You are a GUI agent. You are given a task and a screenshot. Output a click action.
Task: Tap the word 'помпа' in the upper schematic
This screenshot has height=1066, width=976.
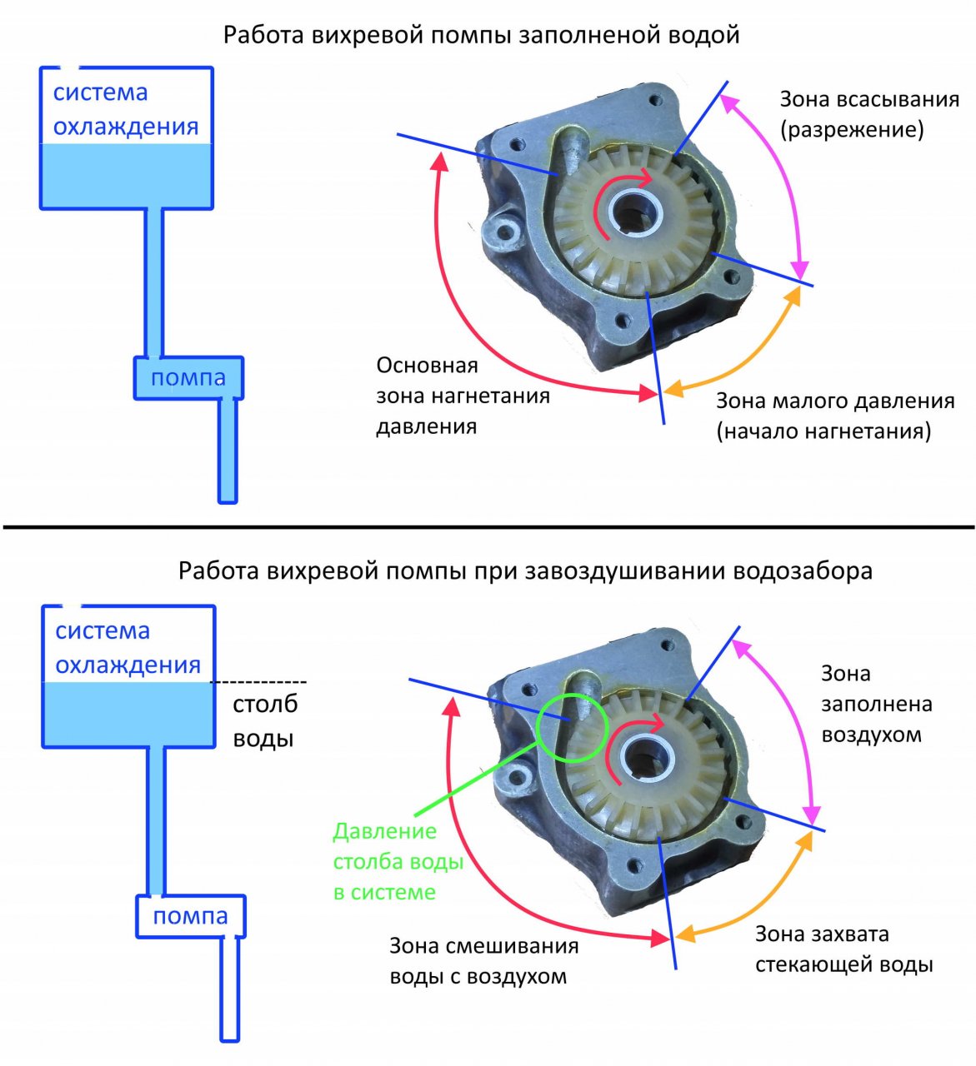click(188, 378)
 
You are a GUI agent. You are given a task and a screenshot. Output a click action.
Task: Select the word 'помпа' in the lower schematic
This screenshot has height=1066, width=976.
click(190, 916)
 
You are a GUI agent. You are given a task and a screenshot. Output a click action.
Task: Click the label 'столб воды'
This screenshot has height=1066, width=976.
click(264, 721)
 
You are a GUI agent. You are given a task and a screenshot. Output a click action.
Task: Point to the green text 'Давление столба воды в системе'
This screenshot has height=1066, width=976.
click(398, 861)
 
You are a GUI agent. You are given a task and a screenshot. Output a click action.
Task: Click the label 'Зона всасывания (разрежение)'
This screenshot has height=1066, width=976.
click(868, 115)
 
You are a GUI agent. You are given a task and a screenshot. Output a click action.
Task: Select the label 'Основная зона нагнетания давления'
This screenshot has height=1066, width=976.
click(463, 396)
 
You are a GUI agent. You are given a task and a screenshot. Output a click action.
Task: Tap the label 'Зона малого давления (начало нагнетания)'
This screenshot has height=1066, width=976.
click(834, 416)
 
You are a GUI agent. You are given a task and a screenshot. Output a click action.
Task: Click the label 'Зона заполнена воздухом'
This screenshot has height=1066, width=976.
click(876, 704)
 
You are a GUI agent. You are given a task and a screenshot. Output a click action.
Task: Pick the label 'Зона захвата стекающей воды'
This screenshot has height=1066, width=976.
click(843, 949)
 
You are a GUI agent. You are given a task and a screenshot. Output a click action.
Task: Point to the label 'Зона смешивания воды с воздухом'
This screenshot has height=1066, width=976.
click(483, 961)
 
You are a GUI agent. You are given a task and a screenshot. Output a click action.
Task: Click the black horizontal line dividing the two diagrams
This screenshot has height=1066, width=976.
click(488, 527)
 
